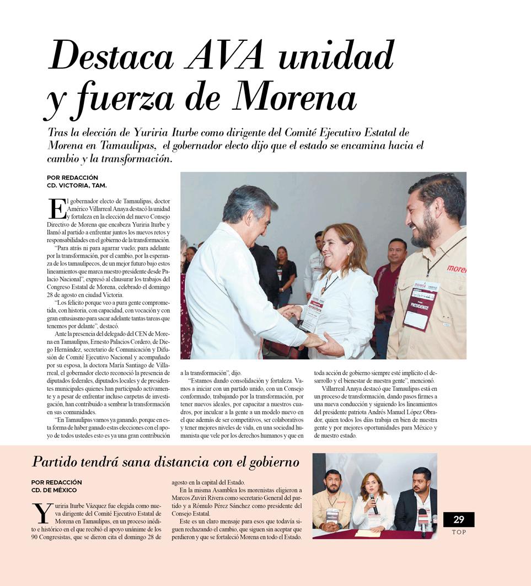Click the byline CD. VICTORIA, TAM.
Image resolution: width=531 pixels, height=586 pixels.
click(x=77, y=185)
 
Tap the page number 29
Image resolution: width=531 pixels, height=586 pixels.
click(x=458, y=519)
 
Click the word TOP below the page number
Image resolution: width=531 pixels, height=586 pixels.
click(x=459, y=532)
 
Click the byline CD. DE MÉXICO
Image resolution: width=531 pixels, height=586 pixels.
click(x=54, y=490)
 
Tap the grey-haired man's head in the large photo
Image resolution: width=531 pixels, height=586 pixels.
click(x=248, y=210)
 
